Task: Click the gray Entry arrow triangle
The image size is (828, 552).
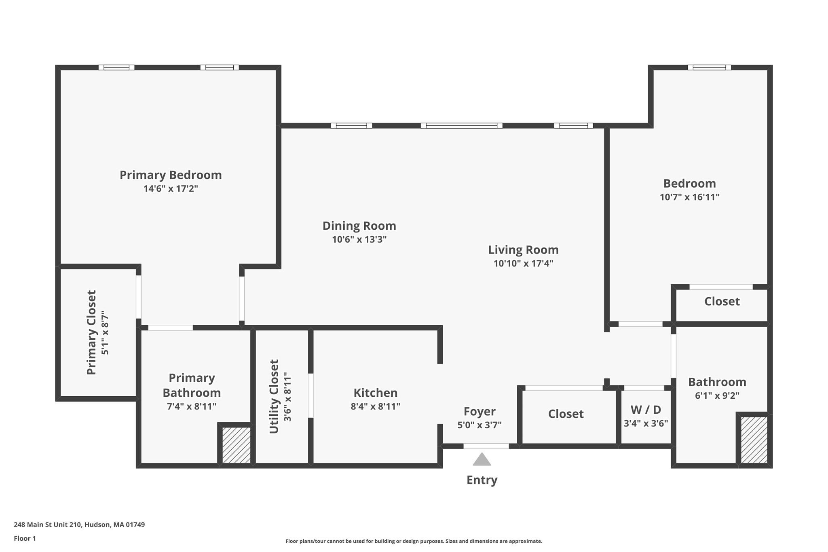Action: pyautogui.click(x=482, y=460)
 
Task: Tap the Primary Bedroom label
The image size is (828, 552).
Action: pyautogui.click(x=171, y=175)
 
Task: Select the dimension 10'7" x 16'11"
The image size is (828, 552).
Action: pyautogui.click(x=689, y=197)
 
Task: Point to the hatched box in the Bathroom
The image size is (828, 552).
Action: pyautogui.click(x=754, y=440)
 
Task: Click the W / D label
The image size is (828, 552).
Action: pyautogui.click(x=646, y=410)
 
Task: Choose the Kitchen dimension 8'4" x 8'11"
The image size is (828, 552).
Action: pyautogui.click(x=375, y=406)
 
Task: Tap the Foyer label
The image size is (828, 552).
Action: pyautogui.click(x=479, y=412)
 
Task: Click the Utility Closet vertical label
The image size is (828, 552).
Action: pyautogui.click(x=274, y=396)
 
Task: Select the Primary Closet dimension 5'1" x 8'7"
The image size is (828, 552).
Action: pyautogui.click(x=105, y=333)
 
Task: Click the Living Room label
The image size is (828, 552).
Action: pyautogui.click(x=523, y=250)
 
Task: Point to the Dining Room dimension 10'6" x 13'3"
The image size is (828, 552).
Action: pyautogui.click(x=359, y=239)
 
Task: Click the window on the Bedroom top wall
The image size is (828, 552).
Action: pyautogui.click(x=709, y=68)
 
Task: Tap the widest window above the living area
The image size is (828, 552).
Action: pyautogui.click(x=461, y=126)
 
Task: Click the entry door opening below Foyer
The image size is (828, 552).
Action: pyautogui.click(x=486, y=446)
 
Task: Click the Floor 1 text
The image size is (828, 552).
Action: pyautogui.click(x=25, y=538)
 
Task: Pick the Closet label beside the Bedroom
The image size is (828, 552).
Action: pyautogui.click(x=722, y=302)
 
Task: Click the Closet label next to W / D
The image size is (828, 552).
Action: pyautogui.click(x=566, y=414)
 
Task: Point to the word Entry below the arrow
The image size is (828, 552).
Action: pyautogui.click(x=482, y=480)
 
